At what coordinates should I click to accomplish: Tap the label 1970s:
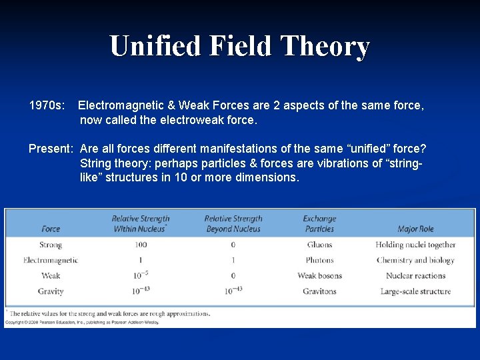[47, 105]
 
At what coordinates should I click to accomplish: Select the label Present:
[50, 149]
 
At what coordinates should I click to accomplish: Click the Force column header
[51, 229]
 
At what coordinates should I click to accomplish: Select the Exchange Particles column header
[319, 223]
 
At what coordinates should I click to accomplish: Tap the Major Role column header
[415, 229]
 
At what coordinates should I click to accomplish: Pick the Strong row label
[51, 245]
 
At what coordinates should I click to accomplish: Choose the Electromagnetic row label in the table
[51, 260]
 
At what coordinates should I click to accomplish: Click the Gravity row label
[51, 291]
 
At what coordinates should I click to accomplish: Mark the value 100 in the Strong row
[140, 245]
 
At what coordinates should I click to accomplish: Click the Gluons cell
[319, 245]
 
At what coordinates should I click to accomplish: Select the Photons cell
[319, 260]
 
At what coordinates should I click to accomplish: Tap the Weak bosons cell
[319, 276]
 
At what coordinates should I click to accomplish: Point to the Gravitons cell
[319, 291]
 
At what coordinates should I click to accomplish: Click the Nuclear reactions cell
[415, 276]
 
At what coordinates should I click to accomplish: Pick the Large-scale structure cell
[415, 291]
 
